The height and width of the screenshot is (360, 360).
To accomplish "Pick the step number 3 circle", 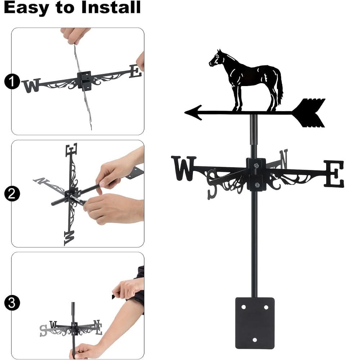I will point(12,302).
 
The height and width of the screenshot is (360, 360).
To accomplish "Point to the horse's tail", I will point(279,86).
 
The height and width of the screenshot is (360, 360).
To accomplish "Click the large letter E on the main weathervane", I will point(334,174).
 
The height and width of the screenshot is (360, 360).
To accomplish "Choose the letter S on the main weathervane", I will point(212,184).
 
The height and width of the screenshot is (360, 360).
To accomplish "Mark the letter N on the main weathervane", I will point(283,159).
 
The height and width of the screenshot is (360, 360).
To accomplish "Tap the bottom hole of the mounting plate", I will point(255,340).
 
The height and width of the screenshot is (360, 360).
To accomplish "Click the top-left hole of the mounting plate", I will point(243,307).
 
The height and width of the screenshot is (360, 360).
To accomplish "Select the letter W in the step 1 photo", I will point(31,86).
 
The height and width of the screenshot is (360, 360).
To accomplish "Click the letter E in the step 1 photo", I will point(135,71).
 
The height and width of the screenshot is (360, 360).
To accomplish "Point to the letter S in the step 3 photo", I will point(44,330).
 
